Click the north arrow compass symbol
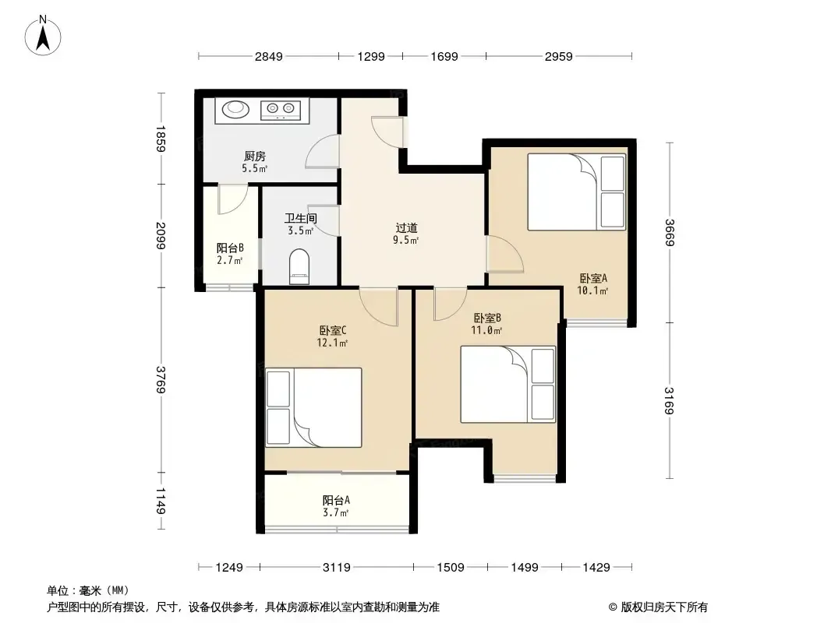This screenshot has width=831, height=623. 43,36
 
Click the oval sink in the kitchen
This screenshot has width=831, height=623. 235,109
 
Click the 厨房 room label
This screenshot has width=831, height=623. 254,157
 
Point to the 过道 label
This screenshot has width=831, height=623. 406,228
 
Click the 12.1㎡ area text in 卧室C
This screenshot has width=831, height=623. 332,343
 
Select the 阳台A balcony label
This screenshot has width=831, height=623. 336,500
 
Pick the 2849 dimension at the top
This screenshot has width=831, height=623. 269,56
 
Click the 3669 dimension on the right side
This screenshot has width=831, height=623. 669,232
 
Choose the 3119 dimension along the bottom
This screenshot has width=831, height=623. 337,568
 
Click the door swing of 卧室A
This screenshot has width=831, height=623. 505,255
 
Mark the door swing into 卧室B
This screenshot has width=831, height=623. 451,304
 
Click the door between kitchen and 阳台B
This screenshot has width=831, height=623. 232,199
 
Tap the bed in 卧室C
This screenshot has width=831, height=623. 313,407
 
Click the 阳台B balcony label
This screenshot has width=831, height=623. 230,248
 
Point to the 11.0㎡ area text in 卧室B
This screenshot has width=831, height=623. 486,331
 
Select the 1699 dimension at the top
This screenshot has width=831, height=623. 444,56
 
